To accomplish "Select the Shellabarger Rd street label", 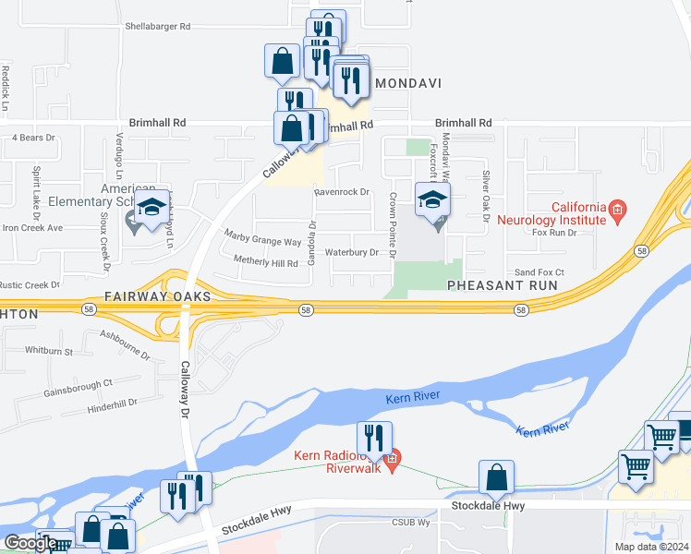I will [x=157, y=27].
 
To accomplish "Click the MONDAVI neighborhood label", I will [x=406, y=83].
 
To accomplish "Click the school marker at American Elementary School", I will [x=152, y=208].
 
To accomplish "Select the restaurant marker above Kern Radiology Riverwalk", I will [x=374, y=438].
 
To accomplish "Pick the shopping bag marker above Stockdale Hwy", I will [x=497, y=477].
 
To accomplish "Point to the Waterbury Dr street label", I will [x=352, y=252].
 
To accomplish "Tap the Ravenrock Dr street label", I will [x=341, y=192].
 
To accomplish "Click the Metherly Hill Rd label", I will [x=266, y=263].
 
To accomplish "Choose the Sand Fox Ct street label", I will [x=539, y=272].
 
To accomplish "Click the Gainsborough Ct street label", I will [x=78, y=388].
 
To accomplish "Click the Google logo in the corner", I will [x=30, y=543].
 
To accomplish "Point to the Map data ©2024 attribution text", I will [x=650, y=547].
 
